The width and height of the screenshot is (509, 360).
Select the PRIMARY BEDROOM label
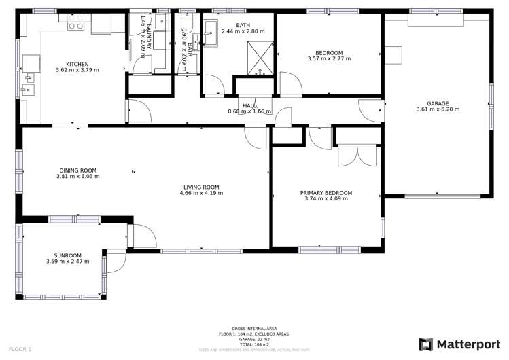coord(326,193)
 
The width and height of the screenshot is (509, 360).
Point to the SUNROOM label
coord(67,255)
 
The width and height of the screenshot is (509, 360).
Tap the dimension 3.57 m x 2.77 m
coord(329,59)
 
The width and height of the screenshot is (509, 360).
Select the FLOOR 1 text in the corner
coord(20,349)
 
